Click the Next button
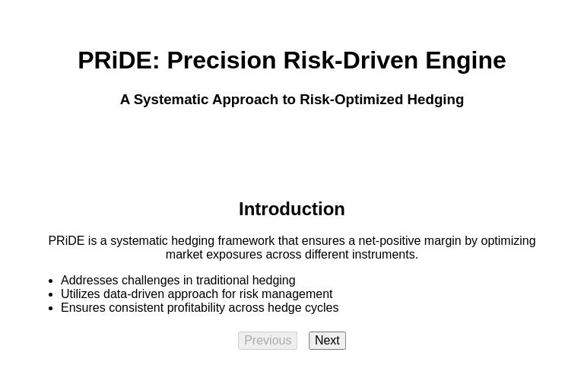(x=327, y=341)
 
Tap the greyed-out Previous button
(x=268, y=341)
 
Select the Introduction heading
(x=291, y=209)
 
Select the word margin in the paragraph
(x=443, y=241)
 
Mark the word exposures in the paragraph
(x=237, y=255)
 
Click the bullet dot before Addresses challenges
(x=50, y=281)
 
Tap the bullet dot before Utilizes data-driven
(x=50, y=295)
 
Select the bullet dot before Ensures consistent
(x=50, y=309)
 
